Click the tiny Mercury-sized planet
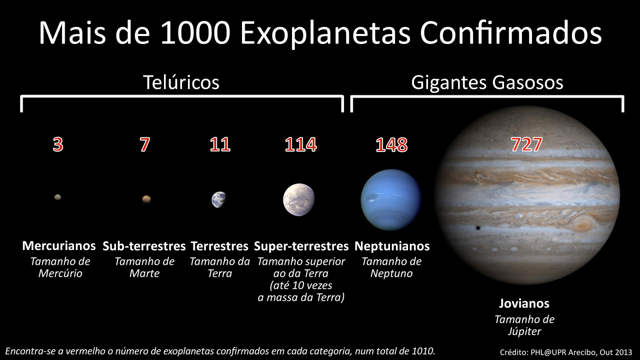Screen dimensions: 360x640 coord(58,197)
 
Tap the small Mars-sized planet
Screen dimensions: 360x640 coord(146,198)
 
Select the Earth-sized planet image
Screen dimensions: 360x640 coord(219,200)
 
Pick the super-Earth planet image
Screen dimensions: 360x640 coord(299,200)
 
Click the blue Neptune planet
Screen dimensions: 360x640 coord(391,200)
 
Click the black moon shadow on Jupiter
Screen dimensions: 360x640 coord(478,228)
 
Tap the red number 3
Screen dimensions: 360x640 coord(58,144)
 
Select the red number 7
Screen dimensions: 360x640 coord(145,144)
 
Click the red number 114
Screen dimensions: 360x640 coord(301,144)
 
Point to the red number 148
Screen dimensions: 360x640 coord(392,145)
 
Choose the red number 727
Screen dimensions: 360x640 coord(527,144)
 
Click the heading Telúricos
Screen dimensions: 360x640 coord(181,82)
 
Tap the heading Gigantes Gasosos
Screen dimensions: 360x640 coord(487,82)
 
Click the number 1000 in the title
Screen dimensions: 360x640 coord(196,33)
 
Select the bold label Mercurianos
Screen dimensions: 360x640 coord(59,246)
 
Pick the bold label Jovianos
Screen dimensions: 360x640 coord(524,304)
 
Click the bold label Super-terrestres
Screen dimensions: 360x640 coord(301,246)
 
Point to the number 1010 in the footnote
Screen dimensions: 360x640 coord(423,351)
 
